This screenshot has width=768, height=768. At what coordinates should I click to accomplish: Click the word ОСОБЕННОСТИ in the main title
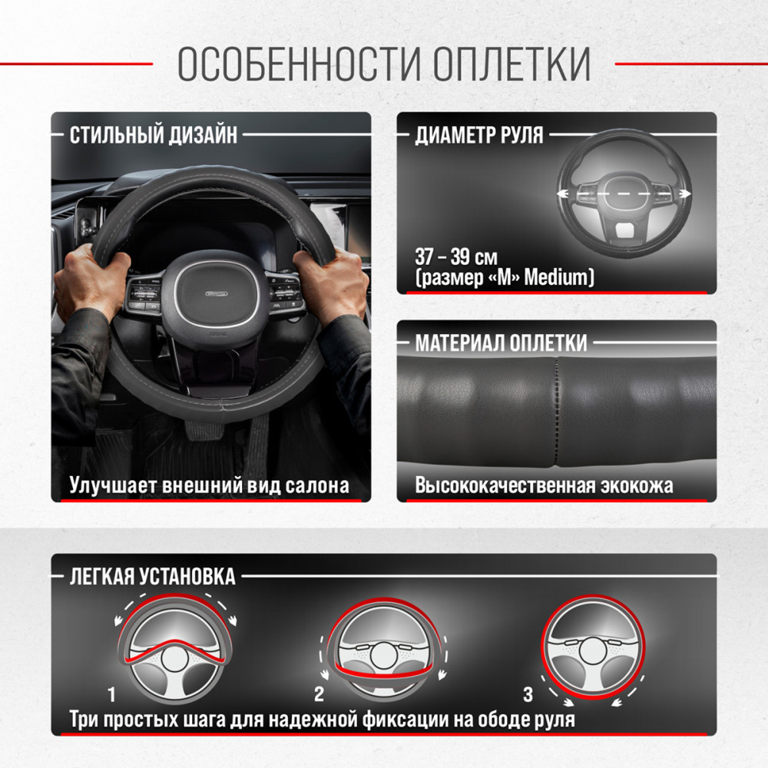(x=299, y=64)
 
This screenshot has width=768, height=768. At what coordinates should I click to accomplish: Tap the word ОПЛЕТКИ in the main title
(x=511, y=64)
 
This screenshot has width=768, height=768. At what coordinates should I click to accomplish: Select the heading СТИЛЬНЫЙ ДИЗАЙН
(x=154, y=135)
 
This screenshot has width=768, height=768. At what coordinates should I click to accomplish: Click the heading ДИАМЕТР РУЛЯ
(x=479, y=135)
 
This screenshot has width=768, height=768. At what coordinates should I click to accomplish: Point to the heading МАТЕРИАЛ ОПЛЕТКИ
(x=501, y=343)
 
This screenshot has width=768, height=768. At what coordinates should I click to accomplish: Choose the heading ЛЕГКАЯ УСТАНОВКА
(x=152, y=577)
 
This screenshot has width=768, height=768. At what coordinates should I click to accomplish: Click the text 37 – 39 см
(x=456, y=257)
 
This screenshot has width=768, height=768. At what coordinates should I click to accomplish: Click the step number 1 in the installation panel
(x=111, y=694)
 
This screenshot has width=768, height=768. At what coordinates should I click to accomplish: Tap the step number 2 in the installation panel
(x=319, y=694)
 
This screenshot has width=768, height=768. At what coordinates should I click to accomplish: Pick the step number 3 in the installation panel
(x=528, y=694)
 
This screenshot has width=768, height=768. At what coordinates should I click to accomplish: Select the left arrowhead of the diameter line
(x=563, y=194)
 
